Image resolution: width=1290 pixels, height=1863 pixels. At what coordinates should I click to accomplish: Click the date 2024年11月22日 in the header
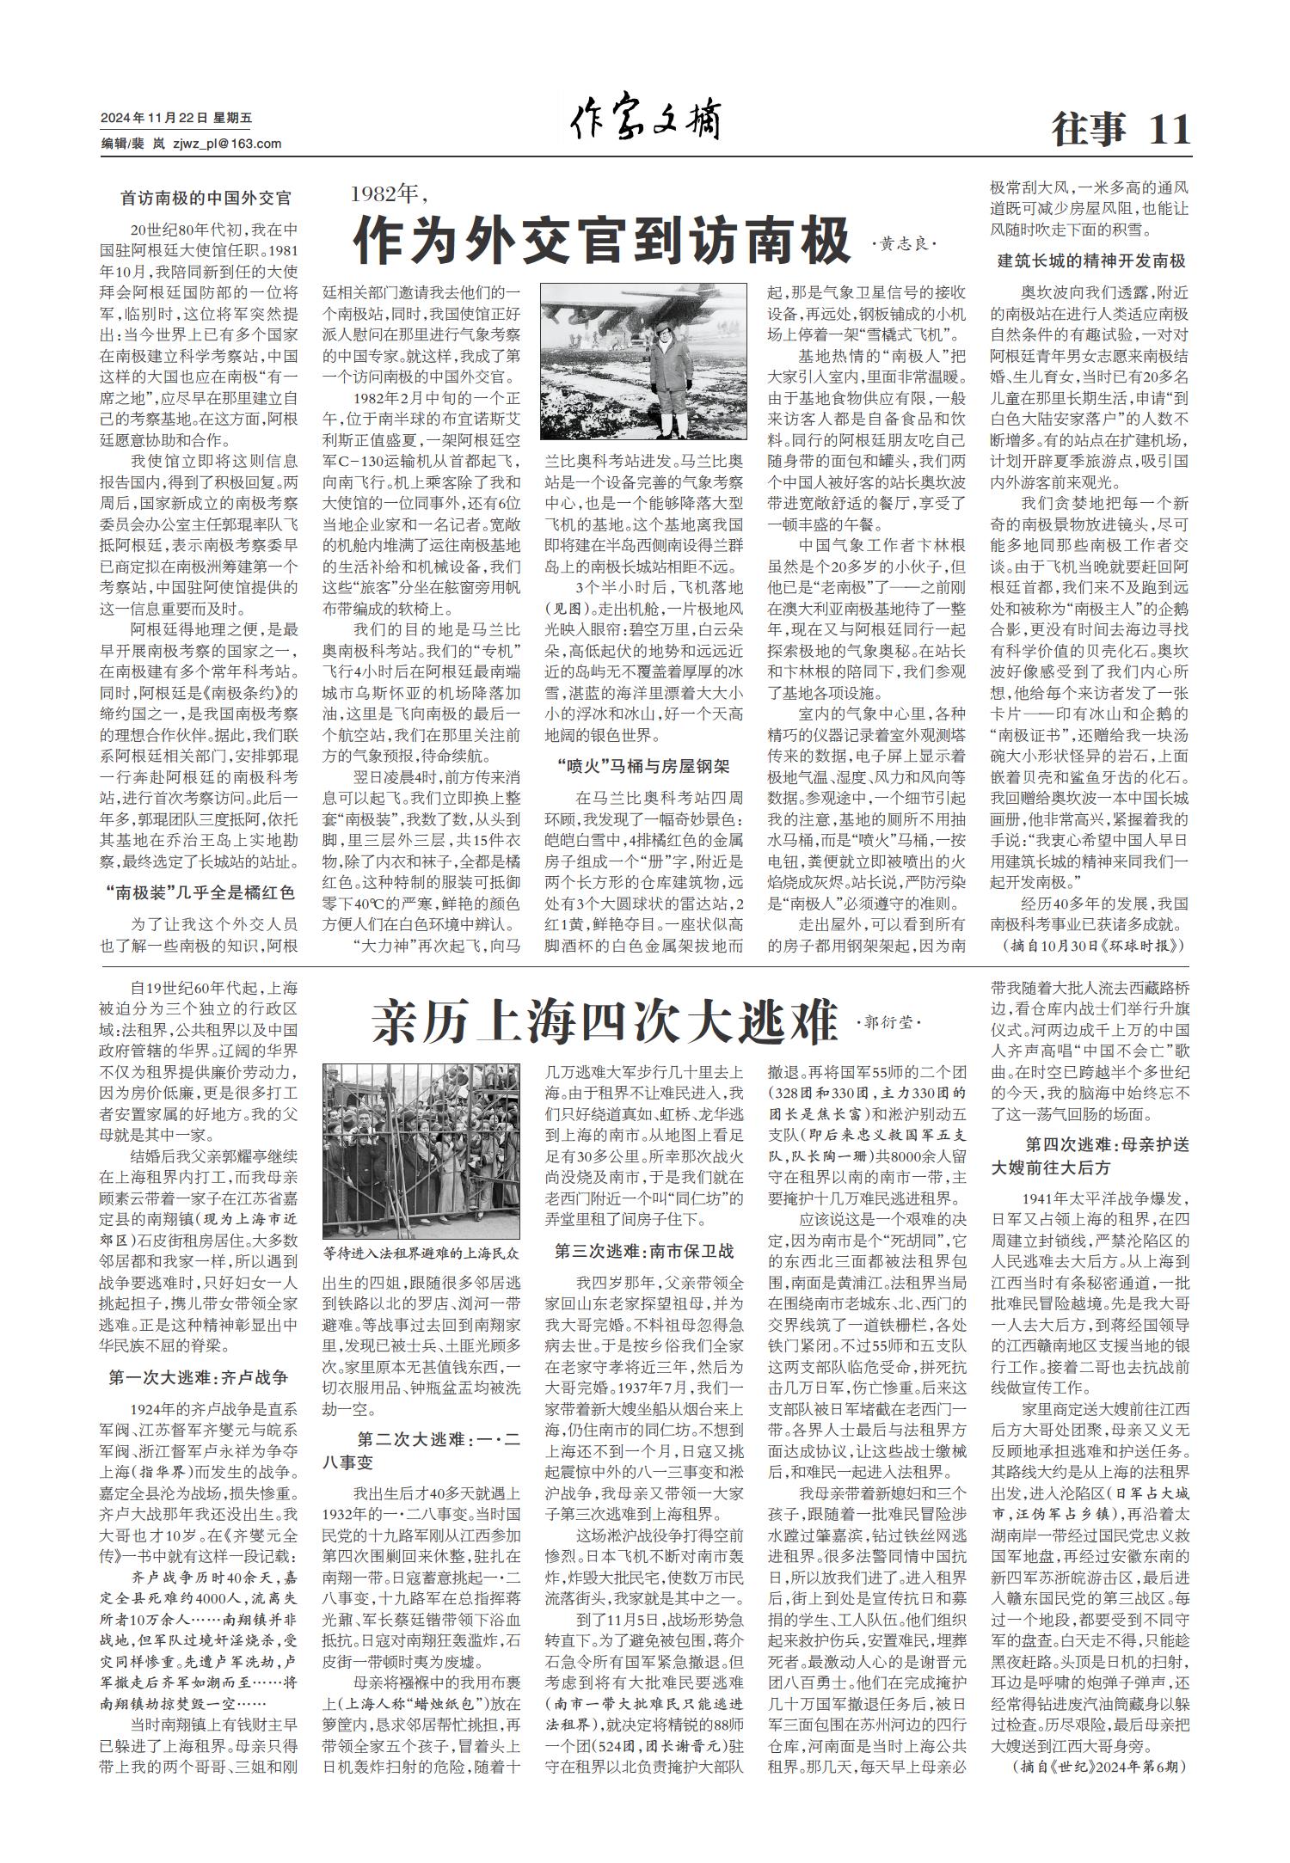pyautogui.click(x=154, y=119)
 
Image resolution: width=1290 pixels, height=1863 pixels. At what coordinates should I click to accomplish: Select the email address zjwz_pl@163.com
pyautogui.click(x=227, y=144)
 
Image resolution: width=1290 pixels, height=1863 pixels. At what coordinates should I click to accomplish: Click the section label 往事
pyautogui.click(x=1089, y=130)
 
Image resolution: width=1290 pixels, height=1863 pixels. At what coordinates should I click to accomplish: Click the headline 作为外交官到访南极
pyautogui.click(x=602, y=242)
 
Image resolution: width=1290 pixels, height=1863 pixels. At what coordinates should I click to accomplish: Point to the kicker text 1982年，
pyautogui.click(x=390, y=193)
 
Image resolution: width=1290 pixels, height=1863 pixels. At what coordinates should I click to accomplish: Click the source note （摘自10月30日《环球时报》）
pyautogui.click(x=1092, y=945)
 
